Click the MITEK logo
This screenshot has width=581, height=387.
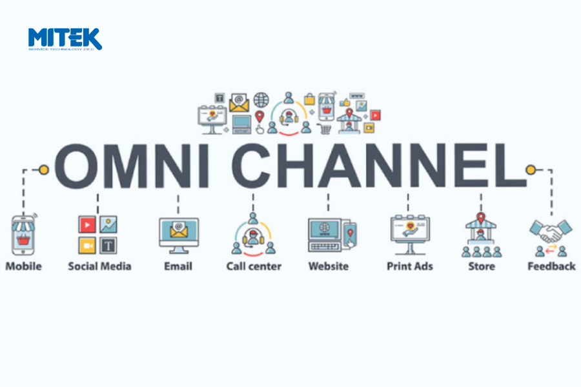[x=65, y=39]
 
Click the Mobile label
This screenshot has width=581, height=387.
[x=23, y=266]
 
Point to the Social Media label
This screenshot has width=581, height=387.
[x=99, y=266]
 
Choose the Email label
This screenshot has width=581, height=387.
[x=178, y=266]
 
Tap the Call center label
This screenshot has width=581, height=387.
[x=254, y=266]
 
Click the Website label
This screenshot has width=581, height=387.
[x=328, y=266]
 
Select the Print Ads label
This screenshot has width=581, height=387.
[x=409, y=266]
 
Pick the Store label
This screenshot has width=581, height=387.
[x=482, y=266]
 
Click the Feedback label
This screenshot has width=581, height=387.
[x=551, y=266]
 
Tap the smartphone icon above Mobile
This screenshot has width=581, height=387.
[x=23, y=235]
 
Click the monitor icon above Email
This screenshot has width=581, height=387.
[x=178, y=233]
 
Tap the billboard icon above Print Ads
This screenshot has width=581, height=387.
[x=409, y=232]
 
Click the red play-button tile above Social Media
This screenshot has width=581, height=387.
[x=87, y=224]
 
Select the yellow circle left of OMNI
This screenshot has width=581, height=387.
[x=44, y=170]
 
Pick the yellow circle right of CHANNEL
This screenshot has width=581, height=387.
[x=531, y=170]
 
